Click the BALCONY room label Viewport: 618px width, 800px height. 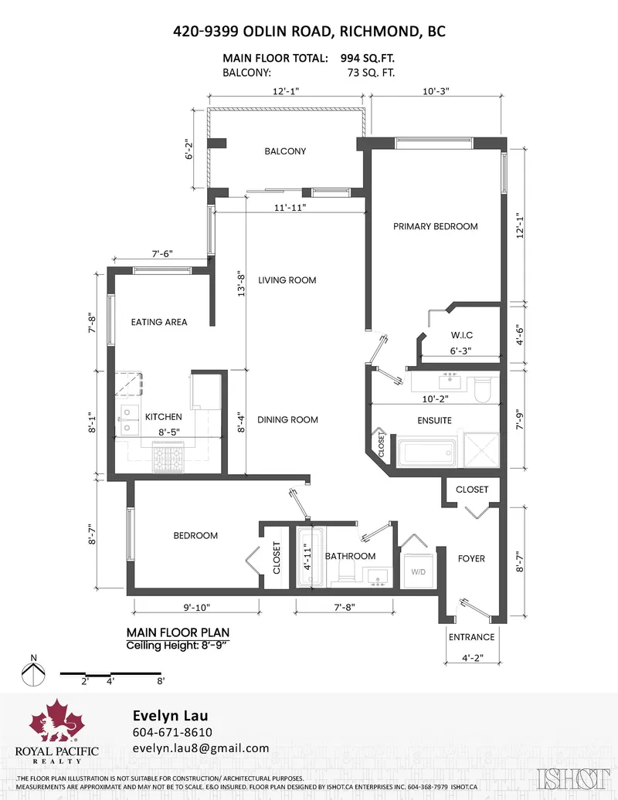285,151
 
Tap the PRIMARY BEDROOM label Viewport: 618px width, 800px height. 435,226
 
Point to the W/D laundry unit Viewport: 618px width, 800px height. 418,572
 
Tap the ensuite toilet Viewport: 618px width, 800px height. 481,388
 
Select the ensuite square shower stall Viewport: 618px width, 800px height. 480,449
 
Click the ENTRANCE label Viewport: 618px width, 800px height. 471,637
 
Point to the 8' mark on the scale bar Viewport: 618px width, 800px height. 161,682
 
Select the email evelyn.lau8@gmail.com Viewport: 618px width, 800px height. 200,748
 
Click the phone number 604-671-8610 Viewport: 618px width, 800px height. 172,732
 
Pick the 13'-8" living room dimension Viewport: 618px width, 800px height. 242,287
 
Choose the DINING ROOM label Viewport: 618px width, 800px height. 287,419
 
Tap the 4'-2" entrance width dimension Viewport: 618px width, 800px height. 471,658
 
